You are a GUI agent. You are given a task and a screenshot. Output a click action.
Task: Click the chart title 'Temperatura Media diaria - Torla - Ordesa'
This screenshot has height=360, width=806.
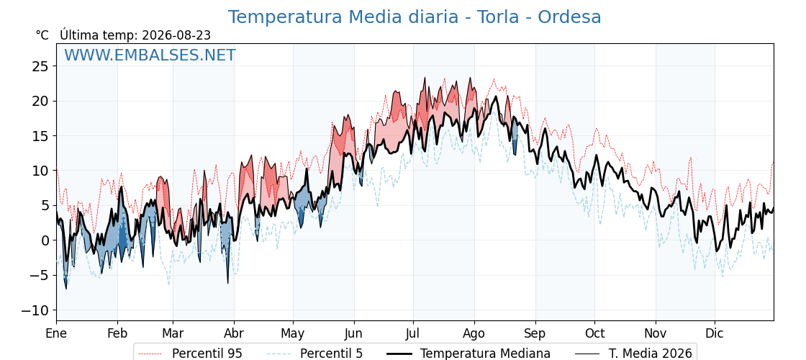415,17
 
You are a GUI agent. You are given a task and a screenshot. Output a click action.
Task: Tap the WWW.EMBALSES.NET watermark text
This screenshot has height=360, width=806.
150,55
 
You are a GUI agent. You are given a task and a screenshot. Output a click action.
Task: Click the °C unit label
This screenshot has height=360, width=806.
42,35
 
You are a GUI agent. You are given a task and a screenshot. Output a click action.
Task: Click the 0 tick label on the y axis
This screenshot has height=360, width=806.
45,240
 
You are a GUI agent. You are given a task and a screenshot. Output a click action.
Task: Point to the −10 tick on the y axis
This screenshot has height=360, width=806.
35,310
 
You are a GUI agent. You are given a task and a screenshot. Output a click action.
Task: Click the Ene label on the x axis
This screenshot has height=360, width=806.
56,333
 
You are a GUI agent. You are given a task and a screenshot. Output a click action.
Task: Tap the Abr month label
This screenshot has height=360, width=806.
234,333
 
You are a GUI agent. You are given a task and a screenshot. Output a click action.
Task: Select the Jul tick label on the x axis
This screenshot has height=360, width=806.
413,333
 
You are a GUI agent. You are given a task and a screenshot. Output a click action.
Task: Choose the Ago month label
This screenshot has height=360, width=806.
474,334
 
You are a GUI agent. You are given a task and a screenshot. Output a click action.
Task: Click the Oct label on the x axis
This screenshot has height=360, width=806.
594,333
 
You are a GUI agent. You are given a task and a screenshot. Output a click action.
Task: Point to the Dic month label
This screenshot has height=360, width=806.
715,333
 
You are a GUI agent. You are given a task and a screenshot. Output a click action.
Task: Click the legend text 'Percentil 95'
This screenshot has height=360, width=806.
207,354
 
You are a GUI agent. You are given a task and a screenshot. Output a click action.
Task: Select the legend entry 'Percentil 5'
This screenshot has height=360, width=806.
331,354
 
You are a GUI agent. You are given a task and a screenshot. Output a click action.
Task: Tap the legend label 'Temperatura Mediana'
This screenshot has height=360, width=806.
485,354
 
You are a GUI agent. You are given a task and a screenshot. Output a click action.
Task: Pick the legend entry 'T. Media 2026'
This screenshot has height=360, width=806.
651,354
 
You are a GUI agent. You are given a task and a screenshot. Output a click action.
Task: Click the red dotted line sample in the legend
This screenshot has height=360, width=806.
150,354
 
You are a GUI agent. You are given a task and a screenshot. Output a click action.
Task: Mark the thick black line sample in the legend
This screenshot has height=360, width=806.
399,354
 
